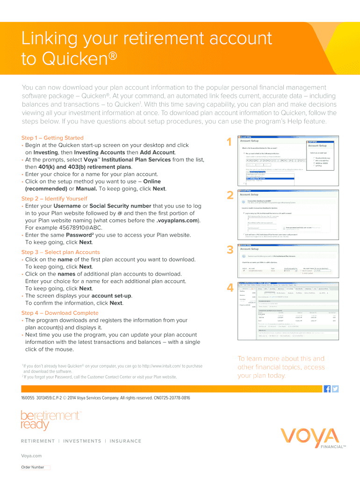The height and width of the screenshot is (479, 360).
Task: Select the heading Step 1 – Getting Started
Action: [x=52, y=138]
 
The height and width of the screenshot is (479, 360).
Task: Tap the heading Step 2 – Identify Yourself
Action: [x=54, y=198]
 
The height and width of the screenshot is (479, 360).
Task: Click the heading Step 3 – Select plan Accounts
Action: [x=60, y=252]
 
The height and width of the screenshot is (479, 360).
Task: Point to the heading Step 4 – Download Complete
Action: [x=60, y=312]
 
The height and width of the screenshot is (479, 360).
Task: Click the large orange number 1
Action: [x=229, y=143]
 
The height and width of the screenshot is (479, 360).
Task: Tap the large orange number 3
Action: [x=230, y=250]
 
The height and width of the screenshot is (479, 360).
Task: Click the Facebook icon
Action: [x=327, y=389]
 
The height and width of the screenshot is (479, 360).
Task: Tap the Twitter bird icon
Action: [x=335, y=389]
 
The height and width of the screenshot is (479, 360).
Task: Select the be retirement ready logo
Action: [x=50, y=420]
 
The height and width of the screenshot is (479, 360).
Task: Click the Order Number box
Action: [x=47, y=467]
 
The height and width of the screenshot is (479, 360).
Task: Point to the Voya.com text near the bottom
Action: [x=31, y=456]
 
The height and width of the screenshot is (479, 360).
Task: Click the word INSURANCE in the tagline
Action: [x=125, y=441]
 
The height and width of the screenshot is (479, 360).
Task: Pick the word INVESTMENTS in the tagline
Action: [x=82, y=441]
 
